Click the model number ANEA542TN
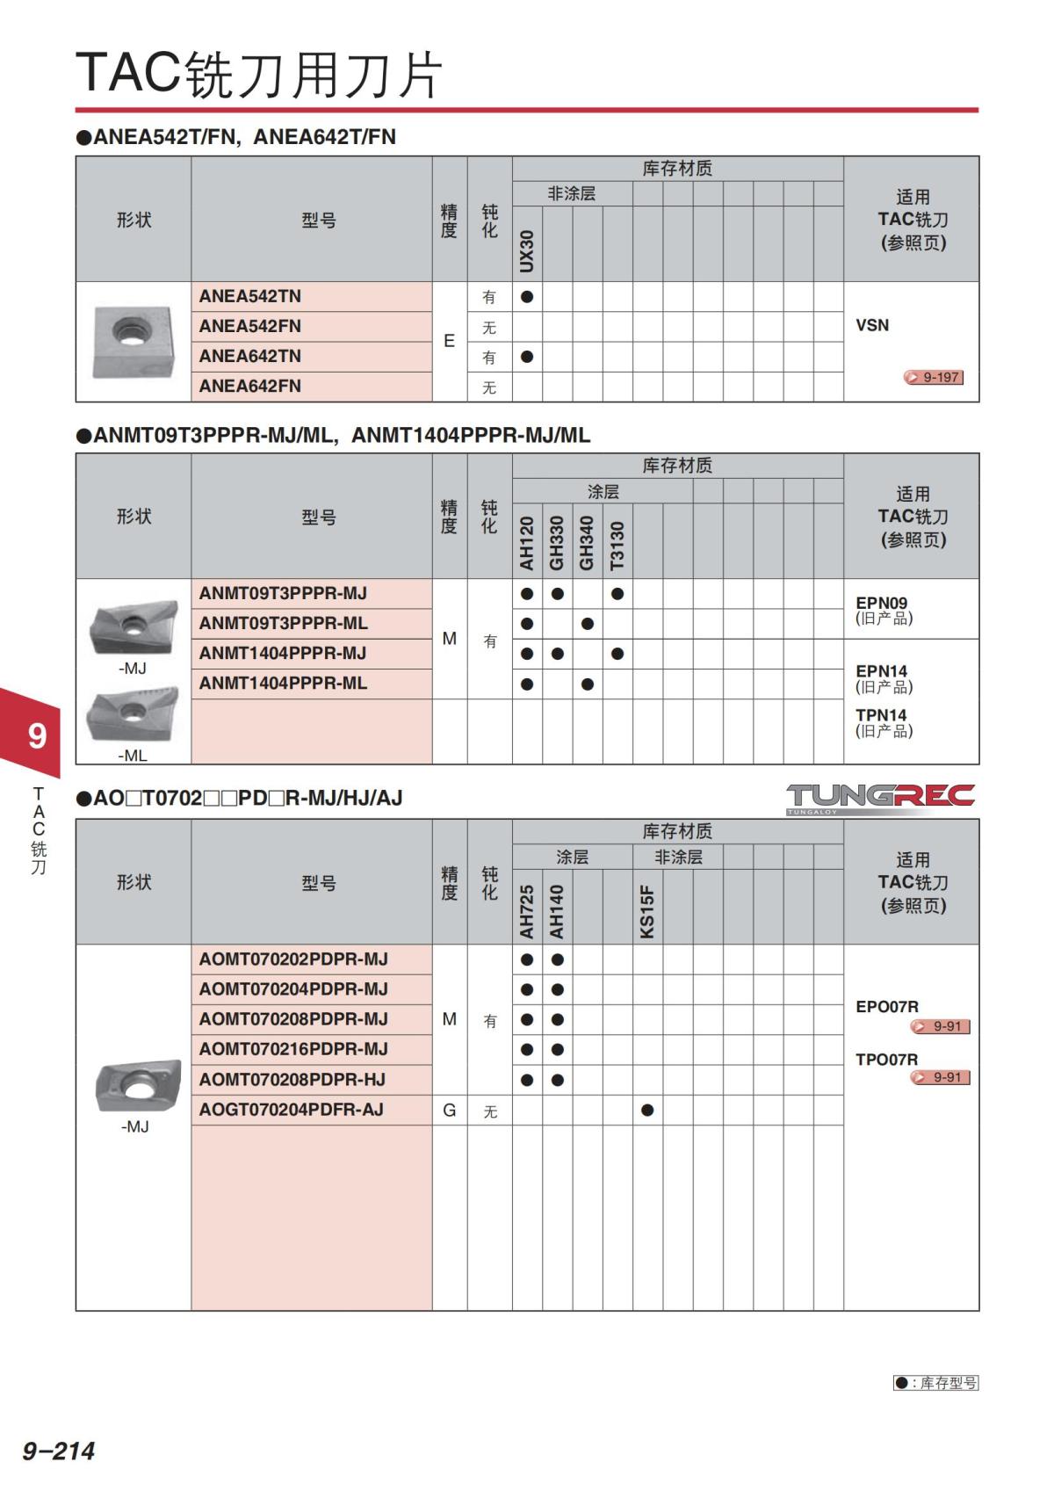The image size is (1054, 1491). coord(250,297)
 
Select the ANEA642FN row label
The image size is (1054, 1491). coord(250,387)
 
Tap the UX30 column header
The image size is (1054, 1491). coord(527,250)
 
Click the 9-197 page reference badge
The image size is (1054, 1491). coord(934,378)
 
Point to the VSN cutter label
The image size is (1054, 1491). coord(872,326)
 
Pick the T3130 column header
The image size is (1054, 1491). coord(617,545)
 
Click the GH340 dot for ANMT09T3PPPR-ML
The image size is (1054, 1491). coord(588,624)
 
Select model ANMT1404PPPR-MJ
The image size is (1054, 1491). coord(283,654)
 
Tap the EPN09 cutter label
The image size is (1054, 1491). coord(882,604)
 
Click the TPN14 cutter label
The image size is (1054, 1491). coord(882,715)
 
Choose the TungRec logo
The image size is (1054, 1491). coord(880,798)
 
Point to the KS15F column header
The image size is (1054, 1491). coord(647,911)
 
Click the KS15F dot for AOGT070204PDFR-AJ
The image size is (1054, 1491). coord(647,1111)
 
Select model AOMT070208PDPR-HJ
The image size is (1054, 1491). coord(292,1080)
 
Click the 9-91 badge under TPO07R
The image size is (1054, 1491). coord(941,1078)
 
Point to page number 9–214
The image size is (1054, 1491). coord(59,1451)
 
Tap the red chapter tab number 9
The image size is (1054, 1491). coord(37,735)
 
